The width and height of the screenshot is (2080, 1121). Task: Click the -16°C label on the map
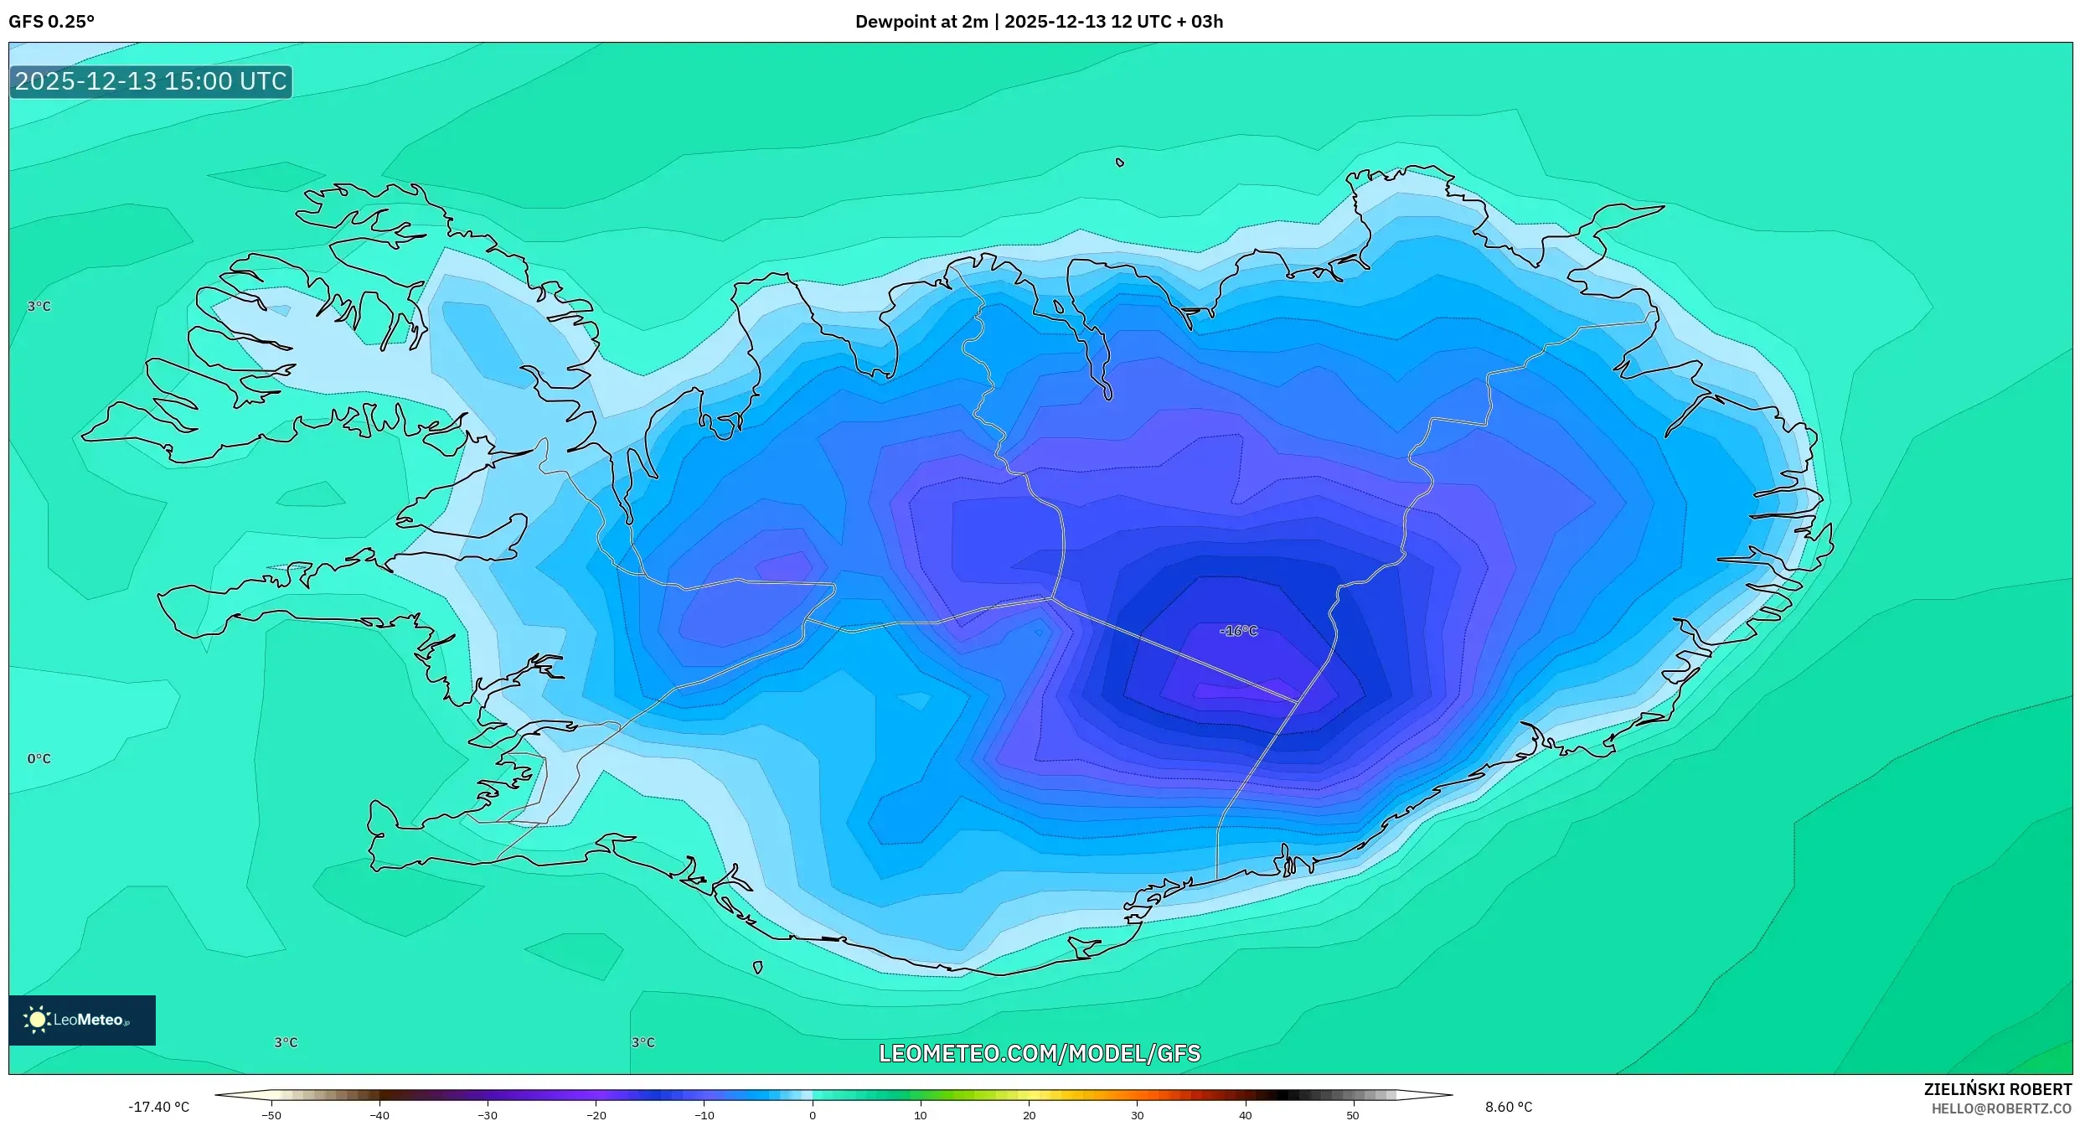coord(1238,631)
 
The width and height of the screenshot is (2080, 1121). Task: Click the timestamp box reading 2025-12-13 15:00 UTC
coord(151,81)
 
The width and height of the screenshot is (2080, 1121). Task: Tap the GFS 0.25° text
coord(51,22)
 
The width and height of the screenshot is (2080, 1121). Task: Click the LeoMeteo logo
coord(81,1020)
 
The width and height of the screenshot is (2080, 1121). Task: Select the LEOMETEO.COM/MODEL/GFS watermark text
coord(1039,1053)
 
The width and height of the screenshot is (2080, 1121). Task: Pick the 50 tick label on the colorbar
coord(1352,1115)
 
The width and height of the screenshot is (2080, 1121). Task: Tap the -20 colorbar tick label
coord(596,1115)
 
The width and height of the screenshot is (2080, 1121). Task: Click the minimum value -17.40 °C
coord(158,1107)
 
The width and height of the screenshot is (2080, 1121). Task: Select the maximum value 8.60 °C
coord(1509,1107)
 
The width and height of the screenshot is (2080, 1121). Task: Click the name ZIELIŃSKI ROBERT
coord(1997,1089)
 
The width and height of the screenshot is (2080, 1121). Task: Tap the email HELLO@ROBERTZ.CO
coord(2000,1108)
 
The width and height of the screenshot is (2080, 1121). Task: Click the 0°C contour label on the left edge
coord(39,758)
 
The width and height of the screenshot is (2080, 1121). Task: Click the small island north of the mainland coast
coord(1120,163)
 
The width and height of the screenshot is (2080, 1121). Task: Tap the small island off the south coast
coord(757,967)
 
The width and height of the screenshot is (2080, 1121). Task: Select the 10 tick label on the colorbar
coord(920,1115)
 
